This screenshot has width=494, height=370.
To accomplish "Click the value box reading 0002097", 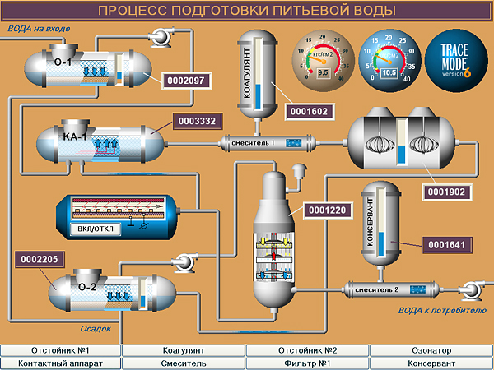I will (x=184, y=81).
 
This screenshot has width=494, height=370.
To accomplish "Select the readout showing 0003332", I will (x=197, y=121).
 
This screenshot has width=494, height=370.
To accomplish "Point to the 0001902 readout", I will (x=447, y=192).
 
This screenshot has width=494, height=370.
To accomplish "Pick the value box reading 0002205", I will (x=40, y=259).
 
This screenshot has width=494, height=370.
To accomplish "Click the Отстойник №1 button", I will (x=61, y=350).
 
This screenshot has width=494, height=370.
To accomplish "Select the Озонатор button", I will (x=431, y=350).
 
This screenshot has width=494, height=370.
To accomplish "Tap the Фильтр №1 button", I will (x=307, y=363).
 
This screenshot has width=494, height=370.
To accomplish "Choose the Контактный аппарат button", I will (x=61, y=363).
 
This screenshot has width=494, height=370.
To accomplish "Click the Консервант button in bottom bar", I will (x=431, y=363).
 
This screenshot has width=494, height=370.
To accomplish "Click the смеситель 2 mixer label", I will (x=375, y=289).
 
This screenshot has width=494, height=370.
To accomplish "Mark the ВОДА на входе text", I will (x=39, y=29).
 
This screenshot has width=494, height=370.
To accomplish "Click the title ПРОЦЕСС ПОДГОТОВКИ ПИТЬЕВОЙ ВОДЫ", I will (x=246, y=10).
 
